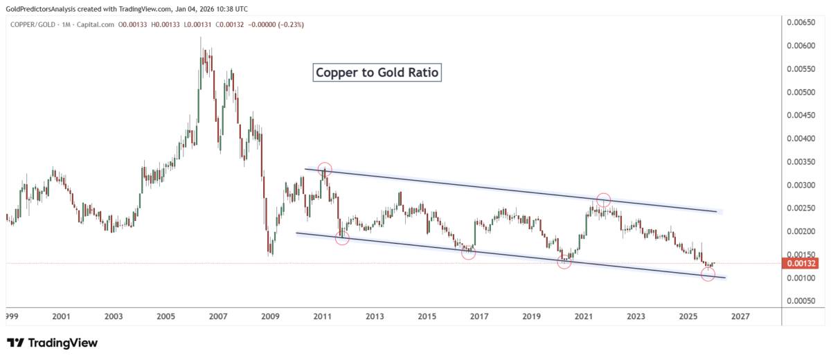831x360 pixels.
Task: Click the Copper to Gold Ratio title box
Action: tap(377, 73)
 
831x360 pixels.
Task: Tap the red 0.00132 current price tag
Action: tap(800, 263)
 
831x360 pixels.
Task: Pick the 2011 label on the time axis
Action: tap(322, 316)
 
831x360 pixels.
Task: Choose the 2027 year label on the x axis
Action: tap(740, 316)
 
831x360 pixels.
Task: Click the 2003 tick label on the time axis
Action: tap(114, 316)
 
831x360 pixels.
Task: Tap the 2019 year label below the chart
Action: tap(531, 316)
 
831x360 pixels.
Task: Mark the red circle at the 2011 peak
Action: tap(325, 169)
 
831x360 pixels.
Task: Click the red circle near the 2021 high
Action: tap(603, 200)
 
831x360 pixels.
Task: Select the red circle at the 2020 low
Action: tap(564, 262)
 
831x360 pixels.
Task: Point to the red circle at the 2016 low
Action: tap(468, 253)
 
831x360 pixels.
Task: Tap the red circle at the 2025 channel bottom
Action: tap(708, 274)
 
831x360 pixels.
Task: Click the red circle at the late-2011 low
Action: tap(342, 238)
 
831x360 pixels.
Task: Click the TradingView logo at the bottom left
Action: tap(52, 343)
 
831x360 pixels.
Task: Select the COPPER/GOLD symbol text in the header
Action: tap(33, 25)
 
